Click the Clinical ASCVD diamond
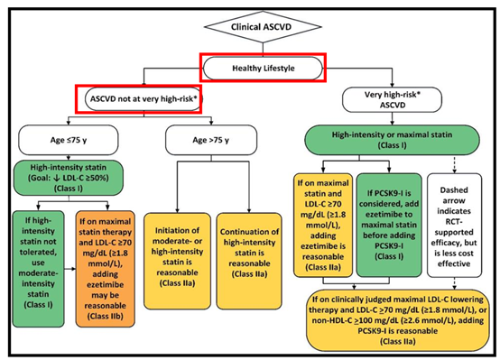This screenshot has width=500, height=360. coord(263,27)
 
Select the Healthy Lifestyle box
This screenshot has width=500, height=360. coord(263,69)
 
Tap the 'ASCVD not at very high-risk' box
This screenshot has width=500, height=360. coord(144,99)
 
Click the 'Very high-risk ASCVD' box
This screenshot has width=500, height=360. coord(392,100)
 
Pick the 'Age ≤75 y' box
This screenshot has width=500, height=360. coord(69,140)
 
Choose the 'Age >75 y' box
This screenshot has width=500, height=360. coord(211,140)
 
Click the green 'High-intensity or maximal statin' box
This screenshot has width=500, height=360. coord(392,140)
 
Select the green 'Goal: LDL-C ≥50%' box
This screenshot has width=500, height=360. coord(69,178)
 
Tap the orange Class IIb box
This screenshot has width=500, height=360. coord(106,269)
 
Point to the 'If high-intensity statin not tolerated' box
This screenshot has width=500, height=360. coord(38,269)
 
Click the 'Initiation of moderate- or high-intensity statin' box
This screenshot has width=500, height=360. coord(177,261)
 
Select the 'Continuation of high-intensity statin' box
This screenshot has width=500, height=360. coord(249,261)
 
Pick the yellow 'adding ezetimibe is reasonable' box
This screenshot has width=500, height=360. coord(323,226)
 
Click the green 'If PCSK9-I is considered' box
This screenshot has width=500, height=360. coord(389,226)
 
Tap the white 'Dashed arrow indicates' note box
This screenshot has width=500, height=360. coord(454,226)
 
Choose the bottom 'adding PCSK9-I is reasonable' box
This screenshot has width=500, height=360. coord(398,320)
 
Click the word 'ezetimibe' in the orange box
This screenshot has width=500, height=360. coord(106,284)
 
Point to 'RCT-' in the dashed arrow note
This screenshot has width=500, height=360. coord(454,222)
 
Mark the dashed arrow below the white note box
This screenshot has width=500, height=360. coord(454,283)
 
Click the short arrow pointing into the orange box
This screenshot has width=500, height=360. coord(69,269)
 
